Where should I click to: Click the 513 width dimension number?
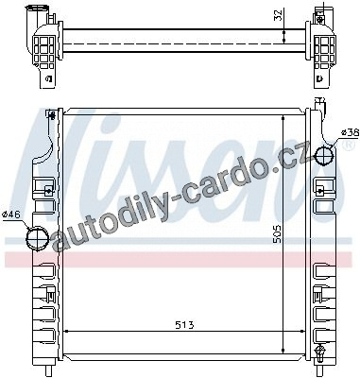click(x=184, y=325)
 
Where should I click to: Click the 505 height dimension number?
click(x=277, y=234)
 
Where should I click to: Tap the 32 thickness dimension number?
click(x=278, y=15)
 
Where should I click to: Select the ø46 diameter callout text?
click(x=11, y=215)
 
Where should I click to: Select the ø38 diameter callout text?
click(x=351, y=132)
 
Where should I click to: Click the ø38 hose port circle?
click(x=325, y=155)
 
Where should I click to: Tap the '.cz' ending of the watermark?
click(x=290, y=159)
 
